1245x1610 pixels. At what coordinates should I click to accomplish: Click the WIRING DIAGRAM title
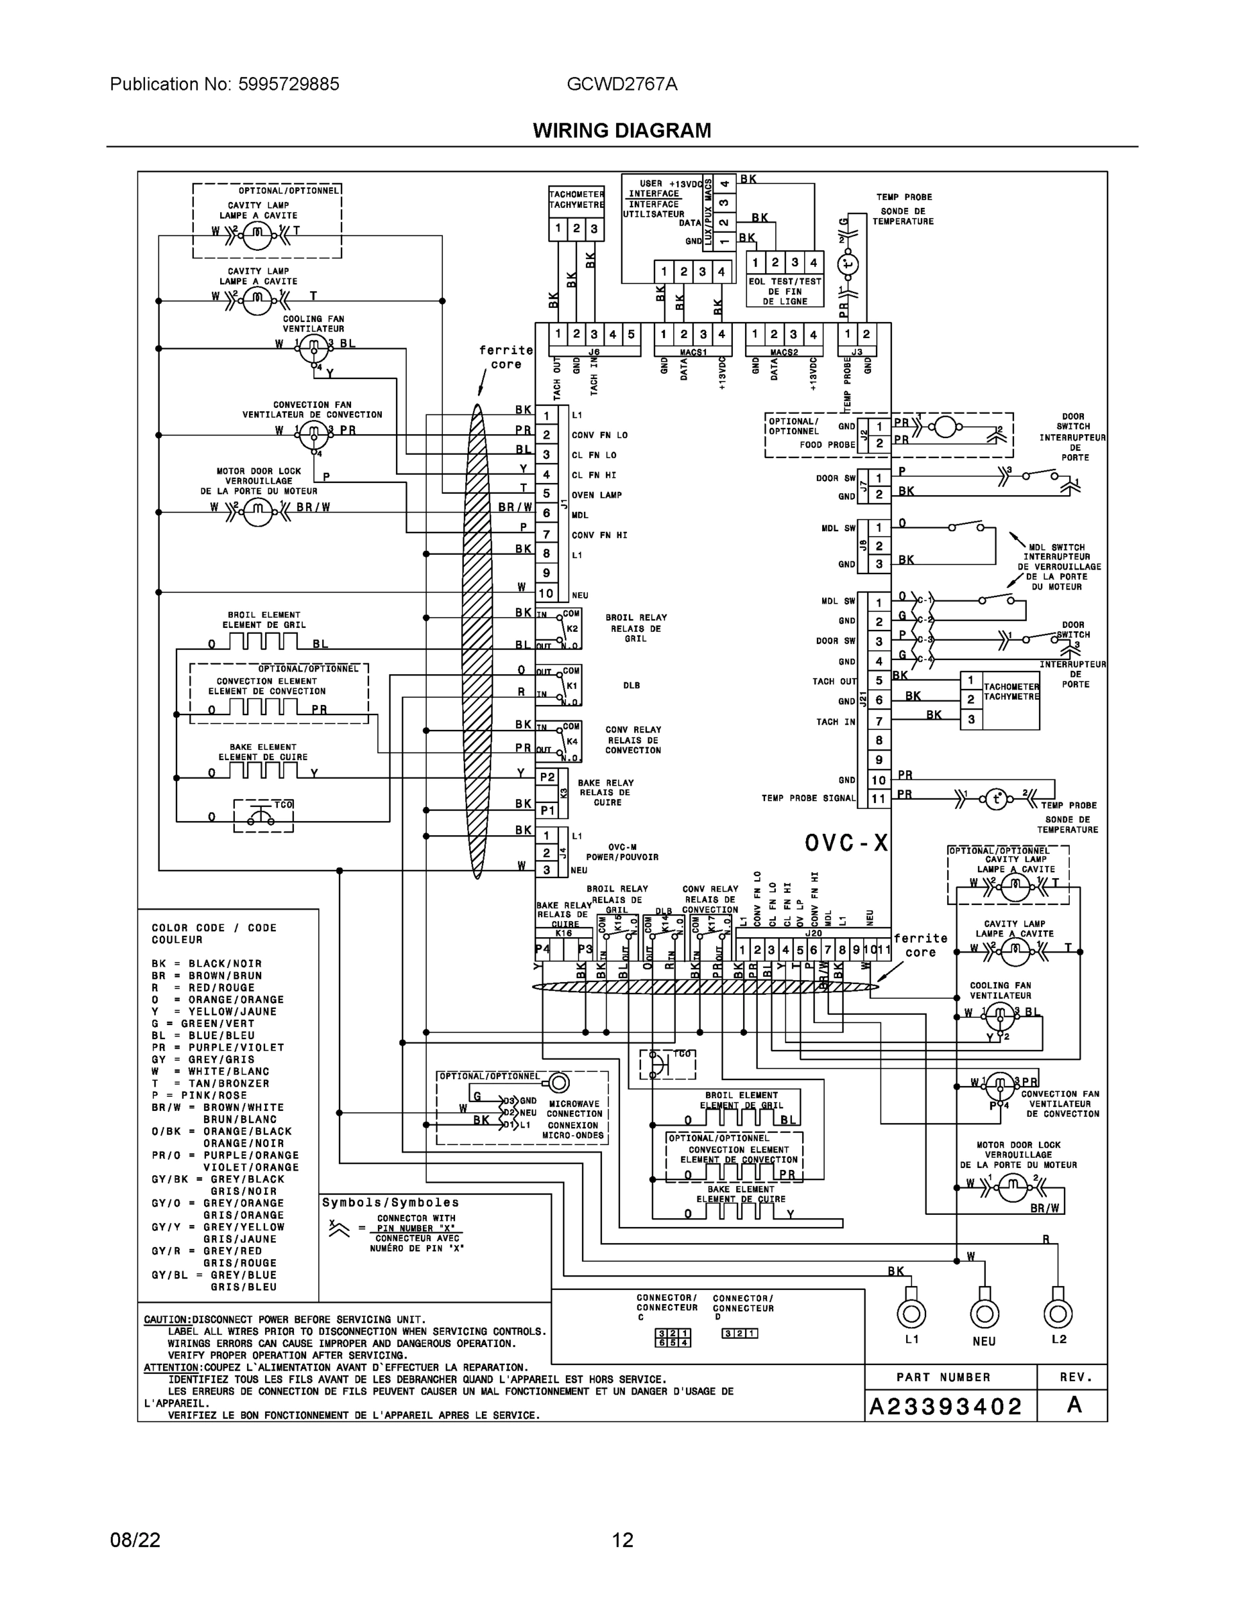click(621, 131)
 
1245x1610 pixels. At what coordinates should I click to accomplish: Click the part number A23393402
click(946, 1407)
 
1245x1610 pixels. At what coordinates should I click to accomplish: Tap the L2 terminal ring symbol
click(1058, 1313)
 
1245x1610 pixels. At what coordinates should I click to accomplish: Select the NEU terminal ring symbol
click(984, 1313)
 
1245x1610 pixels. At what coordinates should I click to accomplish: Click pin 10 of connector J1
click(546, 593)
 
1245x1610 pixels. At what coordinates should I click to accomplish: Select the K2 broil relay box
click(559, 629)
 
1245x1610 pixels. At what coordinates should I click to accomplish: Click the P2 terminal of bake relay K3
click(547, 777)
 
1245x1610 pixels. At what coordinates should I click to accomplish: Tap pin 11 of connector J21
click(879, 798)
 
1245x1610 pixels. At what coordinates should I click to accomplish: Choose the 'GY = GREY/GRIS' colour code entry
click(203, 1059)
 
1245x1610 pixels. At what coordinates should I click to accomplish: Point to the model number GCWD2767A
click(621, 84)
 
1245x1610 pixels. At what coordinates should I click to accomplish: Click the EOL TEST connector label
click(784, 291)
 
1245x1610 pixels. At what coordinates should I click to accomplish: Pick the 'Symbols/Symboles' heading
click(390, 1202)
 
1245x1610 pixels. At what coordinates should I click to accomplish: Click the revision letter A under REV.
click(1074, 1405)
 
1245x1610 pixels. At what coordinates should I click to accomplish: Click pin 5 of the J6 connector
click(631, 334)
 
